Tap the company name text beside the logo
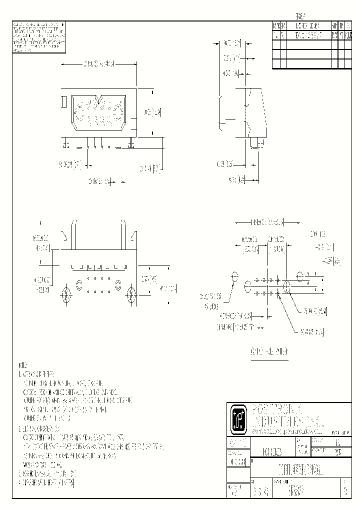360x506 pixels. pyautogui.click(x=280, y=412)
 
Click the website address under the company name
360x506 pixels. pyautogui.click(x=283, y=430)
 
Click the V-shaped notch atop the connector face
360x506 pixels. pyautogui.click(x=102, y=100)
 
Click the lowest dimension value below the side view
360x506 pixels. pyautogui.click(x=236, y=178)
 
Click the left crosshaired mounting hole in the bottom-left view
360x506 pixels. pyautogui.click(x=65, y=295)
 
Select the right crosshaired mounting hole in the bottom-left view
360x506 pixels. pyautogui.click(x=131, y=295)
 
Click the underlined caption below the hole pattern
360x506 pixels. pyautogui.click(x=269, y=352)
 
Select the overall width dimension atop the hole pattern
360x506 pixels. pyautogui.click(x=266, y=221)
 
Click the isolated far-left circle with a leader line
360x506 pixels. pyautogui.click(x=235, y=276)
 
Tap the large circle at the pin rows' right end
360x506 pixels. pyautogui.click(x=287, y=287)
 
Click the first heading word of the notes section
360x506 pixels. pyautogui.click(x=23, y=365)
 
